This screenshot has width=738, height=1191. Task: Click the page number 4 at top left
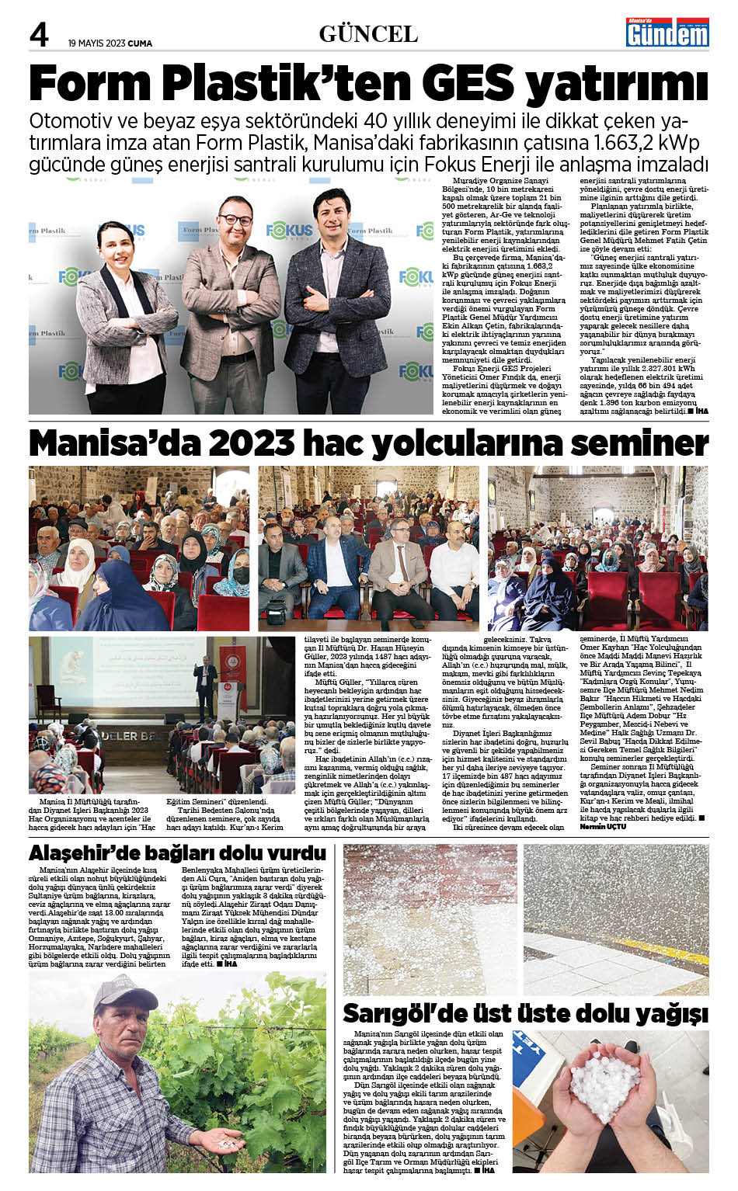pyautogui.click(x=39, y=34)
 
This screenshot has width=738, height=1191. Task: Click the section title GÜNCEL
pyautogui.click(x=368, y=34)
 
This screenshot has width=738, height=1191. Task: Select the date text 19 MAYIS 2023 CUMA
pyautogui.click(x=110, y=43)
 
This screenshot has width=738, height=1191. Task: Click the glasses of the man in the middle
pyautogui.click(x=234, y=220)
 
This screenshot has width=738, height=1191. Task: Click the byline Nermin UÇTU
pyautogui.click(x=603, y=827)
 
